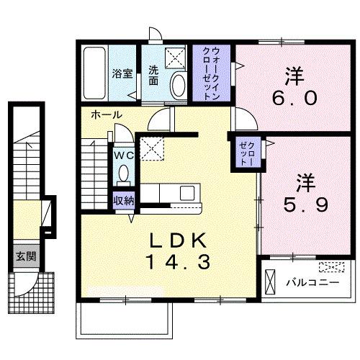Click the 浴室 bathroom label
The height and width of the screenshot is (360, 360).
(121, 73)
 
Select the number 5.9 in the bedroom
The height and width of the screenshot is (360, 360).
(304, 205)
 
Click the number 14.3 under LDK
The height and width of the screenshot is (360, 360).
(179, 263)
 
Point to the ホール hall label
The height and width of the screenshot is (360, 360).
(106, 115)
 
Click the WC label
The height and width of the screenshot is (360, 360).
(121, 153)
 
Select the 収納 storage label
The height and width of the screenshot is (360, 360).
(122, 200)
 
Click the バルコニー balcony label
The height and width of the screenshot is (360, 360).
(313, 282)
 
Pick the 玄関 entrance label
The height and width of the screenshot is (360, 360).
(24, 256)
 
